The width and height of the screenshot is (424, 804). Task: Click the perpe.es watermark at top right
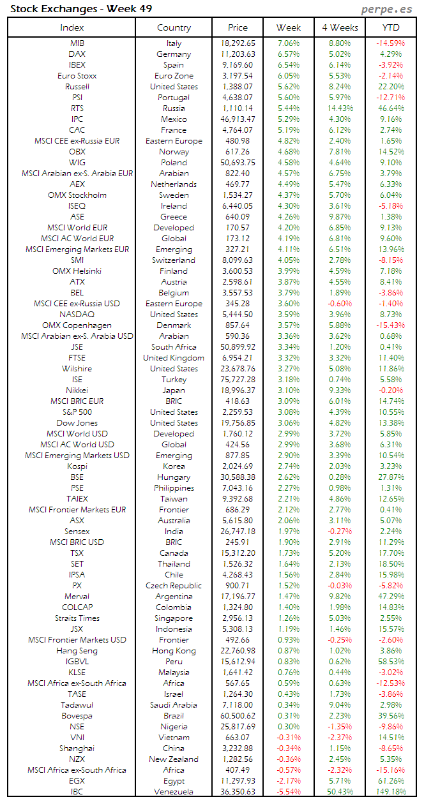386,9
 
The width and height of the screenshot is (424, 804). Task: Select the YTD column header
391,27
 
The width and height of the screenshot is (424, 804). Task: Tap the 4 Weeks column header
340,27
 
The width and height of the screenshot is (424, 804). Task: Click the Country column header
174,27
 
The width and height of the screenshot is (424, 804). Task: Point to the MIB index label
77,43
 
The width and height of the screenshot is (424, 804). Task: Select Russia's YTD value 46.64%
391,108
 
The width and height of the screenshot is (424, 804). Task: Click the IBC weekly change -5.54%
289,792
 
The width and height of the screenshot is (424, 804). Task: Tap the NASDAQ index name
77,315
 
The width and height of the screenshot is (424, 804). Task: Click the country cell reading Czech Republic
174,586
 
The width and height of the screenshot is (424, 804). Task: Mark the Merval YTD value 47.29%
391,597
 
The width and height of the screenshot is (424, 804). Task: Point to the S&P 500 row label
77,412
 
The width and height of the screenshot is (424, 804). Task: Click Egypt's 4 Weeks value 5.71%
340,781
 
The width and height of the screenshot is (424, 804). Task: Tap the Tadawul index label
77,705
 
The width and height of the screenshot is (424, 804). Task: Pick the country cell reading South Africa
174,347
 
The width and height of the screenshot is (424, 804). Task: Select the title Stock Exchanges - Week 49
80,9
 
